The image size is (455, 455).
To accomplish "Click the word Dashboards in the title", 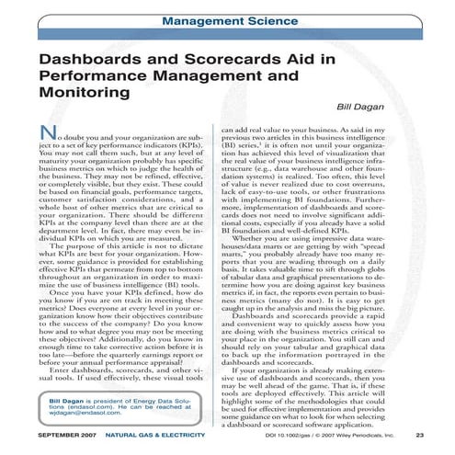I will (88, 62).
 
